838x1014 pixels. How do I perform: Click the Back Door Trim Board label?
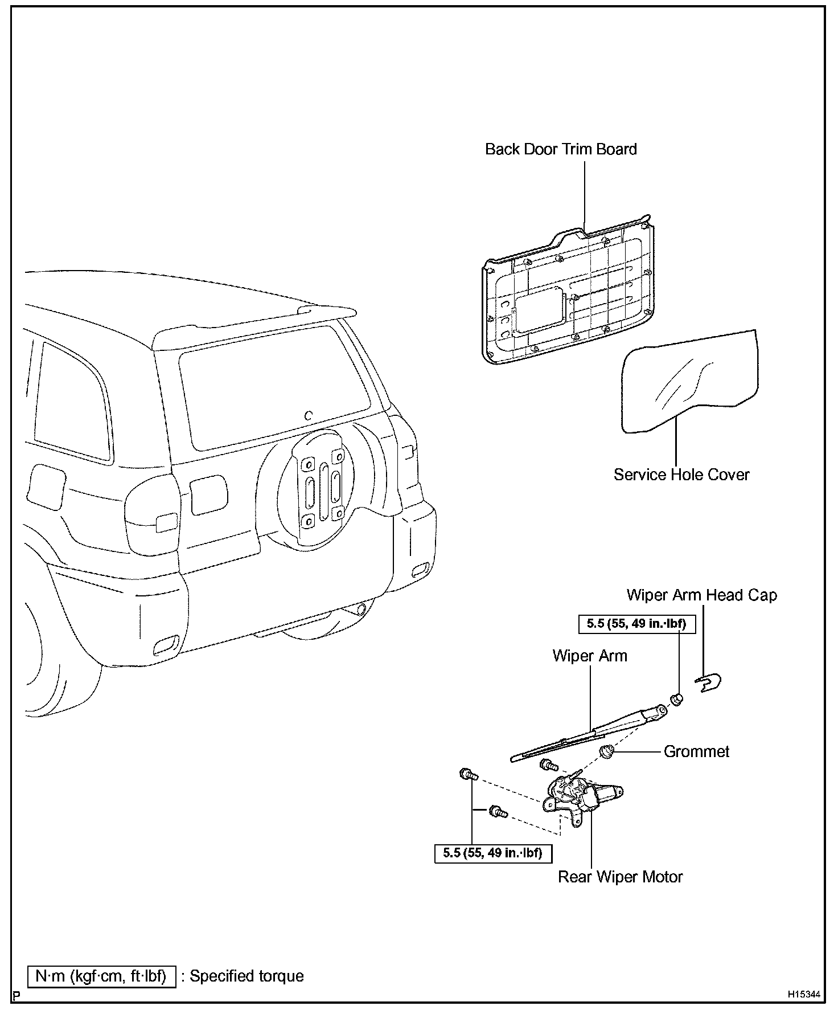point(561,149)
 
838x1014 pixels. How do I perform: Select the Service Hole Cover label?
point(681,475)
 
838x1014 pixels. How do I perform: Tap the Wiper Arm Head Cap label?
point(701,595)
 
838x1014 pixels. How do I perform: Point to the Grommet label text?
point(696,751)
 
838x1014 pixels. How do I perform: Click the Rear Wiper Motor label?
point(620,877)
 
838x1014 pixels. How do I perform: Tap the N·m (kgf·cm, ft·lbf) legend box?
point(101,976)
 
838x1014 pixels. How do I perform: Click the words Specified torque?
point(247,976)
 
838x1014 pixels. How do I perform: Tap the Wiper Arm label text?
point(590,656)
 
